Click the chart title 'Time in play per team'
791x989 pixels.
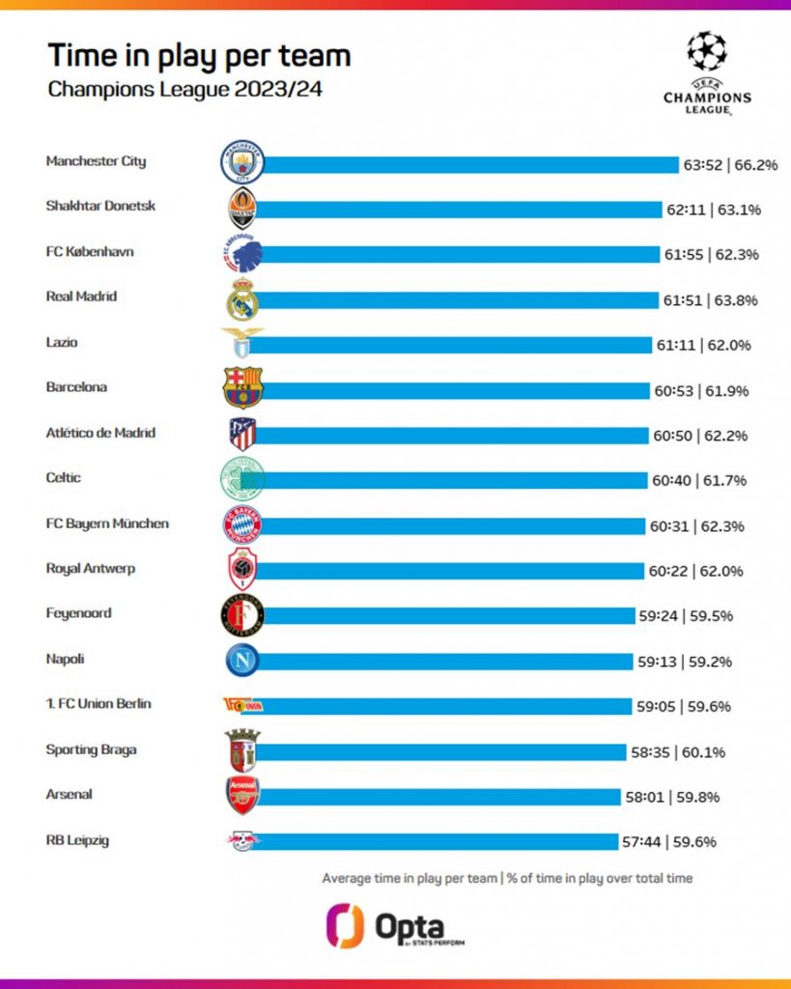[x=199, y=55]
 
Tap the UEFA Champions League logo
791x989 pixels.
[x=707, y=73]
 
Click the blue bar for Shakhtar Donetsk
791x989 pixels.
[x=464, y=209]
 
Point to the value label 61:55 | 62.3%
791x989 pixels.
[x=710, y=255]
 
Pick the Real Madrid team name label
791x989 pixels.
[x=81, y=297]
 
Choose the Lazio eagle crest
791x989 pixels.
[x=241, y=343]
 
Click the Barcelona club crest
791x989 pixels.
[x=241, y=388]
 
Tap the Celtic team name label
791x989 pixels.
[x=64, y=477]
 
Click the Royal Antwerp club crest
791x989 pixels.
[x=241, y=570]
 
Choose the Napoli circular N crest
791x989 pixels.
[x=241, y=661]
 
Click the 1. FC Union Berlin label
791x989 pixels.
[x=99, y=703]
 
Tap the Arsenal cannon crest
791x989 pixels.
[x=241, y=796]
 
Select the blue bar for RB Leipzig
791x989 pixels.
[x=435, y=841]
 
